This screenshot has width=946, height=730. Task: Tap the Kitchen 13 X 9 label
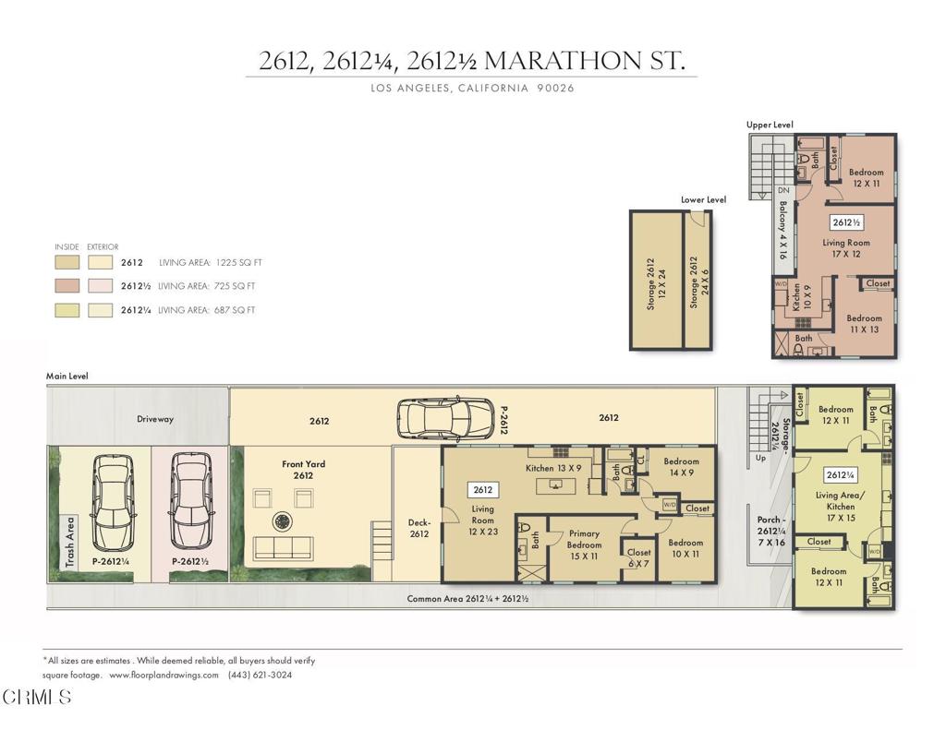[x=552, y=468]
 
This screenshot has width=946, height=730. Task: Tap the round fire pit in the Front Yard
[x=282, y=521]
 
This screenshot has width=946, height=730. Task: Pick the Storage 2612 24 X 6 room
[x=697, y=281]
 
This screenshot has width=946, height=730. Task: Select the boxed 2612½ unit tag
[x=846, y=222]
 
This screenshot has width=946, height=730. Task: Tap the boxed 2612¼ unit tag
[x=840, y=475]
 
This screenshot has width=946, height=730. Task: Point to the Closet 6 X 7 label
[x=638, y=558]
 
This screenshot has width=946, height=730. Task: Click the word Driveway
[x=155, y=419]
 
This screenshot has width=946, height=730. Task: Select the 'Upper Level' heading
[x=770, y=125]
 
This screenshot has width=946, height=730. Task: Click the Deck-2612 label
[x=418, y=528]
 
